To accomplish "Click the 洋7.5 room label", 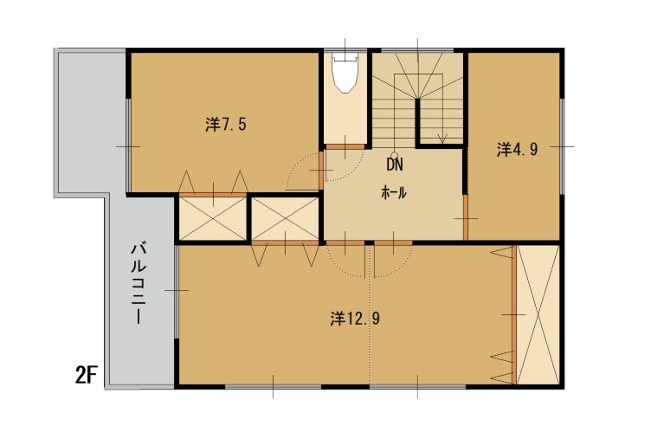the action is (x=226, y=124).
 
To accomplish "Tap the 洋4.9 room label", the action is (x=518, y=150).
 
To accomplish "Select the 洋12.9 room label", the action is (x=355, y=319).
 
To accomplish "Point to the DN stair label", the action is (x=395, y=165).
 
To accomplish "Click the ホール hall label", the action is (x=394, y=193).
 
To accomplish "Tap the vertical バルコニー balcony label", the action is (x=138, y=284).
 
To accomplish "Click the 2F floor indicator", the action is (x=86, y=376).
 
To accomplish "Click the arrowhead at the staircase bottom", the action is (x=442, y=139).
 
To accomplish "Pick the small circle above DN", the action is (x=395, y=155).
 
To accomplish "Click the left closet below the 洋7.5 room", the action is (x=213, y=219).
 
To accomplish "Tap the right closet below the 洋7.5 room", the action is (x=286, y=219).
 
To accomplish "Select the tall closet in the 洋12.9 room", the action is (x=538, y=315).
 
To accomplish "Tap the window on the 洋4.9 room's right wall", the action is (x=562, y=146).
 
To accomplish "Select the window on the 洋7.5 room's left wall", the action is (x=129, y=146).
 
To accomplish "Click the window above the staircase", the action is (x=417, y=51).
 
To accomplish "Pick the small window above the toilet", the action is (x=345, y=51).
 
